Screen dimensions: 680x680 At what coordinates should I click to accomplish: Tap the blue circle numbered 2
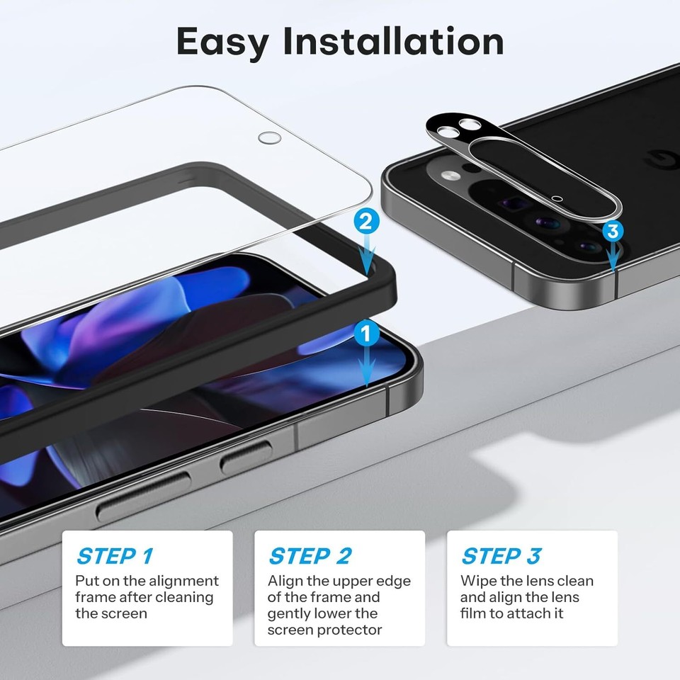366,222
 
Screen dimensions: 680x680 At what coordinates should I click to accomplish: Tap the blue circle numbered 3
613,231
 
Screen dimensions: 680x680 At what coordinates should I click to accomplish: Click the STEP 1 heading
115,556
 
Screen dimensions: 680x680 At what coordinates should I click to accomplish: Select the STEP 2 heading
310,556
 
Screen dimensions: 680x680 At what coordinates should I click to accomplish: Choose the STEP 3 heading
501,556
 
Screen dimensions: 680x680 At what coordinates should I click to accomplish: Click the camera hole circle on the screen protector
270,137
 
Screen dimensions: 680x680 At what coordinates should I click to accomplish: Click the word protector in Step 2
349,630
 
